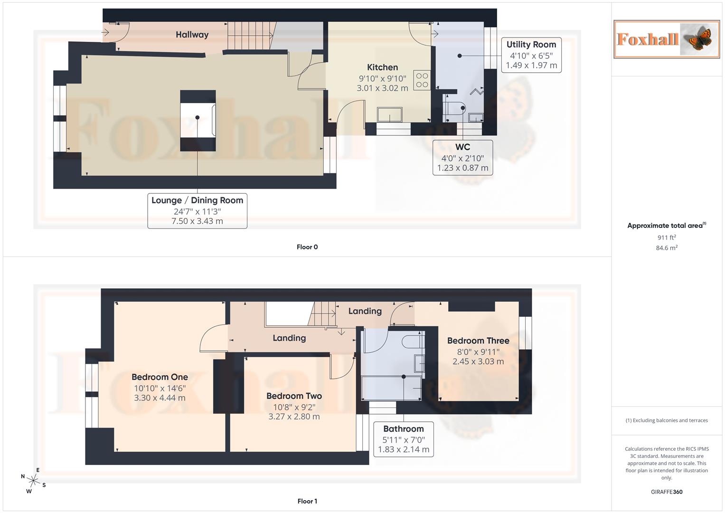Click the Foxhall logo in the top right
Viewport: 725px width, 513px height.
click(666, 39)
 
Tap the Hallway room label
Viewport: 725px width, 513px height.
click(192, 35)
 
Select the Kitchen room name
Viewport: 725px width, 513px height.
click(382, 67)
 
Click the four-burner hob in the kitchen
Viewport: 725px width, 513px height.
click(422, 80)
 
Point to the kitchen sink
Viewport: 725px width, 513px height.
click(389, 114)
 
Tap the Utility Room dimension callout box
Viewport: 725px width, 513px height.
click(531, 55)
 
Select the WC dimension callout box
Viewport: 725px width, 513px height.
click(462, 158)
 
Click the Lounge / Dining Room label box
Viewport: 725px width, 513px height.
click(197, 210)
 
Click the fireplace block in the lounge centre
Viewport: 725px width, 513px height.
click(198, 121)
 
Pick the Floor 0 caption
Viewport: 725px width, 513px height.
click(307, 247)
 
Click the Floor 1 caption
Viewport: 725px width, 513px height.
click(307, 501)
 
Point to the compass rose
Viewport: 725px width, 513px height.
click(33, 481)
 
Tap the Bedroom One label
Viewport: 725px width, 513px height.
click(160, 377)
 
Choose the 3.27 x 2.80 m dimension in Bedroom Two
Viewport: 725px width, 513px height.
click(294, 417)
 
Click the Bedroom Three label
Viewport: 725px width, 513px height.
click(478, 341)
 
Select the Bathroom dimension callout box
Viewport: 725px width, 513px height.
click(403, 439)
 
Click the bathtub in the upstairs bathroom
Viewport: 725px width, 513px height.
click(391, 389)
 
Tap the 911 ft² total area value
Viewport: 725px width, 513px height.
click(667, 237)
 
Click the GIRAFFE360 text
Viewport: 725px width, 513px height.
click(667, 492)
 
